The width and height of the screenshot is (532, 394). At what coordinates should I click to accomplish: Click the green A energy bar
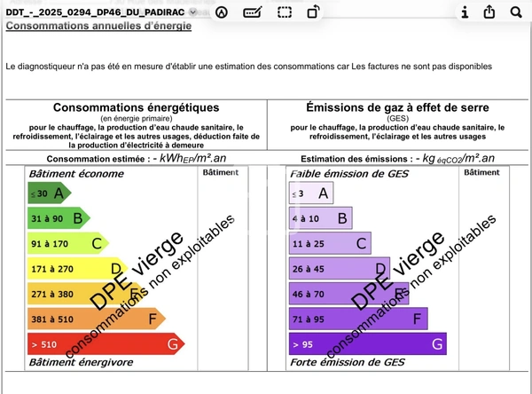(x=50, y=193)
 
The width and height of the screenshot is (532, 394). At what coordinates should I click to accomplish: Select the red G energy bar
(x=106, y=343)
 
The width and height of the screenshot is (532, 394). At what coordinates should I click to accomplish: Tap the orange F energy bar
(x=96, y=318)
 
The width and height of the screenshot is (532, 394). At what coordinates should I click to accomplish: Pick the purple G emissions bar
(x=368, y=343)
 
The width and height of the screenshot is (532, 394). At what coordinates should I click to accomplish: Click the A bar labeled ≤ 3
(x=310, y=193)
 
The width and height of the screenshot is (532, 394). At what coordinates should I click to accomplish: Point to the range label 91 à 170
(x=50, y=243)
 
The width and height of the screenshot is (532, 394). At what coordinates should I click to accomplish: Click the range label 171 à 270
(x=51, y=268)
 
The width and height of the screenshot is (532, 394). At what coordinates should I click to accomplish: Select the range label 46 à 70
(x=309, y=294)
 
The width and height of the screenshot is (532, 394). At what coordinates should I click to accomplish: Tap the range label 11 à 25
(x=309, y=243)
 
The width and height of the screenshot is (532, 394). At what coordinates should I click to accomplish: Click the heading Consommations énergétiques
(x=136, y=107)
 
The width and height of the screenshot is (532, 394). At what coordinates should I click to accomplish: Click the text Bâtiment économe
(x=63, y=174)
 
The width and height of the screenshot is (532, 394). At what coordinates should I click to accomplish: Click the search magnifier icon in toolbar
(x=516, y=12)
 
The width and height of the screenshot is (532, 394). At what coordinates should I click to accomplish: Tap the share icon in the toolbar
(x=490, y=12)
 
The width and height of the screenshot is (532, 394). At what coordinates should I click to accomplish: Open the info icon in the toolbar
(x=465, y=12)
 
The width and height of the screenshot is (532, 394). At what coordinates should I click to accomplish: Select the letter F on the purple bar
(x=417, y=318)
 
